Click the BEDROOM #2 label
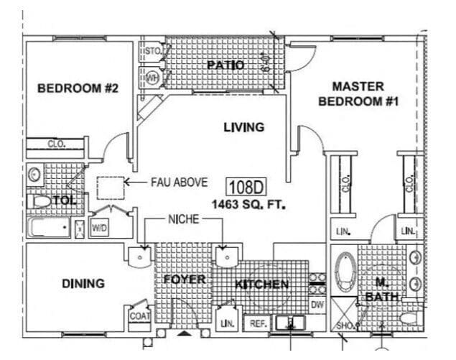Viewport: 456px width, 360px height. point(78,88)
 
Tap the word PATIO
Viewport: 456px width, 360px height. point(225,65)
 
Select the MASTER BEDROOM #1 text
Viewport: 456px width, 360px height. point(358,94)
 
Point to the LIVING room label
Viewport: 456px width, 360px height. point(243,127)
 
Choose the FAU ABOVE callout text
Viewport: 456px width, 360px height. point(179,183)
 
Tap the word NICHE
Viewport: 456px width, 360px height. point(183,219)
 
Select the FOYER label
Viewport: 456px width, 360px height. point(184,279)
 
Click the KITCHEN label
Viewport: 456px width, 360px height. point(261,285)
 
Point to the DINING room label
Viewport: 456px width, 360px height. point(83,283)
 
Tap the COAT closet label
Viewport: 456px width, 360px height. point(139,315)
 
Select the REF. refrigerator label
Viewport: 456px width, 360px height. point(257,324)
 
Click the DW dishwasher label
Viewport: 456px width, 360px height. point(317,305)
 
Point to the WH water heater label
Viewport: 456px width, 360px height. point(152,76)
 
